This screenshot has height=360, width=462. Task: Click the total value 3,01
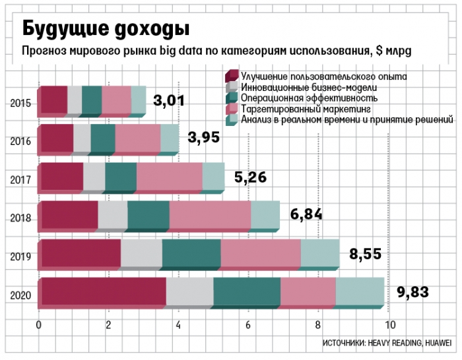[x=168, y=101]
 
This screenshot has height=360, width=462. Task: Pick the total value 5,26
[x=250, y=177]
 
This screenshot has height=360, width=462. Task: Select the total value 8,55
[x=365, y=253]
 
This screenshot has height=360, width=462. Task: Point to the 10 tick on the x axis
[x=390, y=324]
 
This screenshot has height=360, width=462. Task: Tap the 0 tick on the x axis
[x=39, y=324]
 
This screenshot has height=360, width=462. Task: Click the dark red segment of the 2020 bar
[x=102, y=291]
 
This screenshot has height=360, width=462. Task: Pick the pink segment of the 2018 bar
[x=210, y=215]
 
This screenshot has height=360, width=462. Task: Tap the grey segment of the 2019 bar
[x=141, y=253]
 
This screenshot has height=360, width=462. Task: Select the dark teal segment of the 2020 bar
[x=247, y=291]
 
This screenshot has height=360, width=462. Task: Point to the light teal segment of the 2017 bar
[x=213, y=177]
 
